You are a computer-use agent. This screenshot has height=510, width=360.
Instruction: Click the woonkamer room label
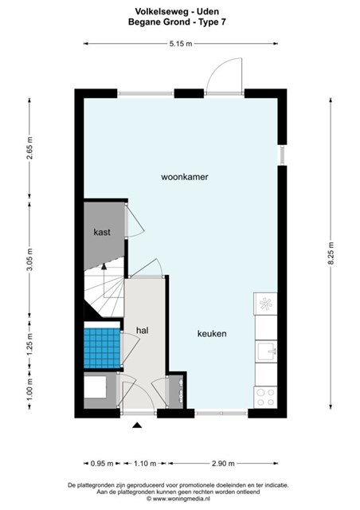coord(185,177)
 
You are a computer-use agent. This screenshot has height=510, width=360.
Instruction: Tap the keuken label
coord(212,334)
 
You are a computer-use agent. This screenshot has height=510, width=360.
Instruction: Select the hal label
coord(143,331)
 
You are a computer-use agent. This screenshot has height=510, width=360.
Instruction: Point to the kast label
coord(102,232)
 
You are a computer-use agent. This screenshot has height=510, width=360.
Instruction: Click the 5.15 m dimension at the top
coord(181,44)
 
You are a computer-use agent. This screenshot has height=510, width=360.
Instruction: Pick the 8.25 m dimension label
coord(331,253)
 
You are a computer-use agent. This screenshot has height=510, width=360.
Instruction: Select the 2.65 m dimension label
coord(29,148)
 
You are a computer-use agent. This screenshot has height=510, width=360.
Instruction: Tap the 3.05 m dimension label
coord(29,259)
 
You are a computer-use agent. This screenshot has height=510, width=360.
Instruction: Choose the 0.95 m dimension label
coord(102,464)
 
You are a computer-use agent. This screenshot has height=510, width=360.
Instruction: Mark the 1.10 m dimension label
coord(145,464)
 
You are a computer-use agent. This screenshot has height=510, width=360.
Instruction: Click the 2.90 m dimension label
coord(223,464)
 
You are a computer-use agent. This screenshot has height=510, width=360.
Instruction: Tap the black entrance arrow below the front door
coord(138,425)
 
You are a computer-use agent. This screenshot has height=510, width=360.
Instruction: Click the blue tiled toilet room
coord(102,347)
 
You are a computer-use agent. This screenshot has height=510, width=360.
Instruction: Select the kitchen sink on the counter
coord(266,351)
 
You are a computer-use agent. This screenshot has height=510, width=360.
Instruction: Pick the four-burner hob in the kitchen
coord(265,397)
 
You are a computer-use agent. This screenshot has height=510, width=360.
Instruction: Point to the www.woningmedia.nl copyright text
coord(178,499)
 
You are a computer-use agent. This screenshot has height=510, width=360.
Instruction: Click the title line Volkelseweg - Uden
coord(177,12)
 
